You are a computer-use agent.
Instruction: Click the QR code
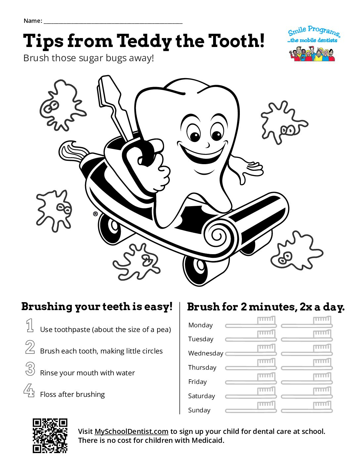click(x=50, y=436)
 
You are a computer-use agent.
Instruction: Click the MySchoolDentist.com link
click(x=131, y=431)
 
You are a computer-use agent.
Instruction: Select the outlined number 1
click(x=30, y=326)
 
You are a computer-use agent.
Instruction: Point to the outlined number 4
click(x=29, y=391)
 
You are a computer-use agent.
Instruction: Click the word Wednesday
click(x=205, y=353)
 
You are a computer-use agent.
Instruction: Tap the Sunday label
click(x=199, y=410)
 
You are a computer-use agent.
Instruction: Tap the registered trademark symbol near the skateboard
click(x=95, y=214)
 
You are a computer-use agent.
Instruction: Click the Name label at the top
click(x=32, y=21)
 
